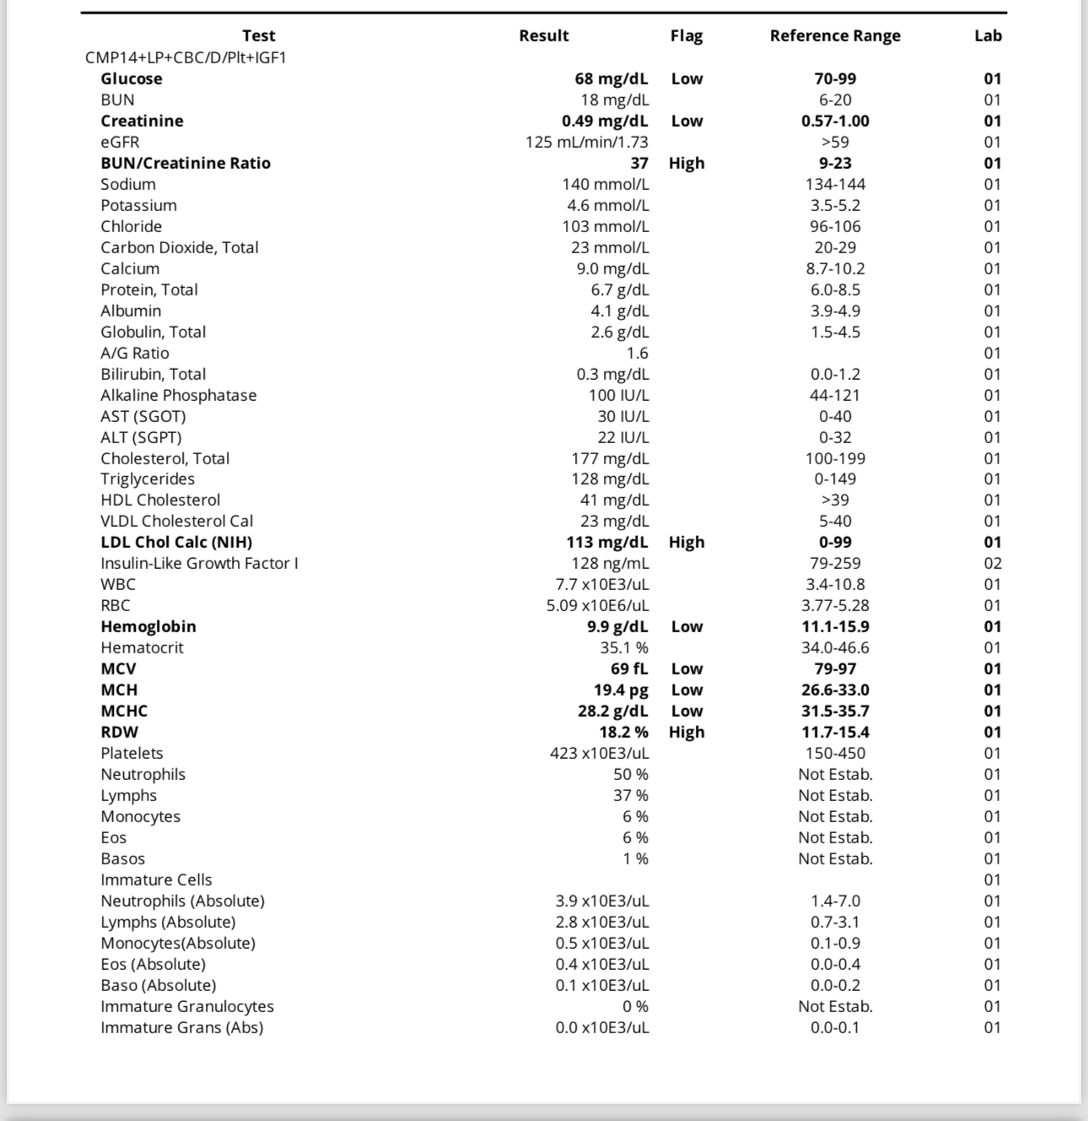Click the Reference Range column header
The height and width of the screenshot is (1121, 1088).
pyautogui.click(x=835, y=35)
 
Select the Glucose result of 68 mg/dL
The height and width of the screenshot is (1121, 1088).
pyautogui.click(x=611, y=79)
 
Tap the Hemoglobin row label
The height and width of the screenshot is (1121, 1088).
pyautogui.click(x=148, y=626)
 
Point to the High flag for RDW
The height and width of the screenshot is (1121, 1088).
pyautogui.click(x=687, y=732)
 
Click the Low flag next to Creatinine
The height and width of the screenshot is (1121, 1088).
pyautogui.click(x=687, y=121)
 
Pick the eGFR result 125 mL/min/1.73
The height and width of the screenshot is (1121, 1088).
pyautogui.click(x=587, y=142)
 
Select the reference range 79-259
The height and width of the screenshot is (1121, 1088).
pyautogui.click(x=835, y=563)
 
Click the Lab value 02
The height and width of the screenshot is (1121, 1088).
pyautogui.click(x=993, y=563)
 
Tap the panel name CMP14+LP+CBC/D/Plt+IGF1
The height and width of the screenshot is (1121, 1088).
pyautogui.click(x=186, y=57)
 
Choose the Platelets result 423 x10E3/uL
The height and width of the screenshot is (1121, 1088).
pyautogui.click(x=600, y=753)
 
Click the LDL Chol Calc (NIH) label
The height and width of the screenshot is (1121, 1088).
pyautogui.click(x=176, y=542)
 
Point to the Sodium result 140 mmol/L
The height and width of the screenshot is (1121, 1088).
pyautogui.click(x=606, y=184)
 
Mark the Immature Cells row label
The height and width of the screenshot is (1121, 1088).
pyautogui.click(x=156, y=880)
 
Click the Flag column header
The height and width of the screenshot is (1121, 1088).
pyautogui.click(x=687, y=35)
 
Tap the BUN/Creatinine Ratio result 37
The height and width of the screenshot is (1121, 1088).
pyautogui.click(x=639, y=163)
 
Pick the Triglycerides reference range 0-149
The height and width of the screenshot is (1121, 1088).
pyautogui.click(x=835, y=479)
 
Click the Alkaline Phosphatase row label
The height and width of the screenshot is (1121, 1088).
pyautogui.click(x=179, y=395)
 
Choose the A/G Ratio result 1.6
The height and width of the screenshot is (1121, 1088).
pyautogui.click(x=637, y=353)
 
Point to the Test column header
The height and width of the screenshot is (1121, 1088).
pyautogui.click(x=258, y=35)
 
